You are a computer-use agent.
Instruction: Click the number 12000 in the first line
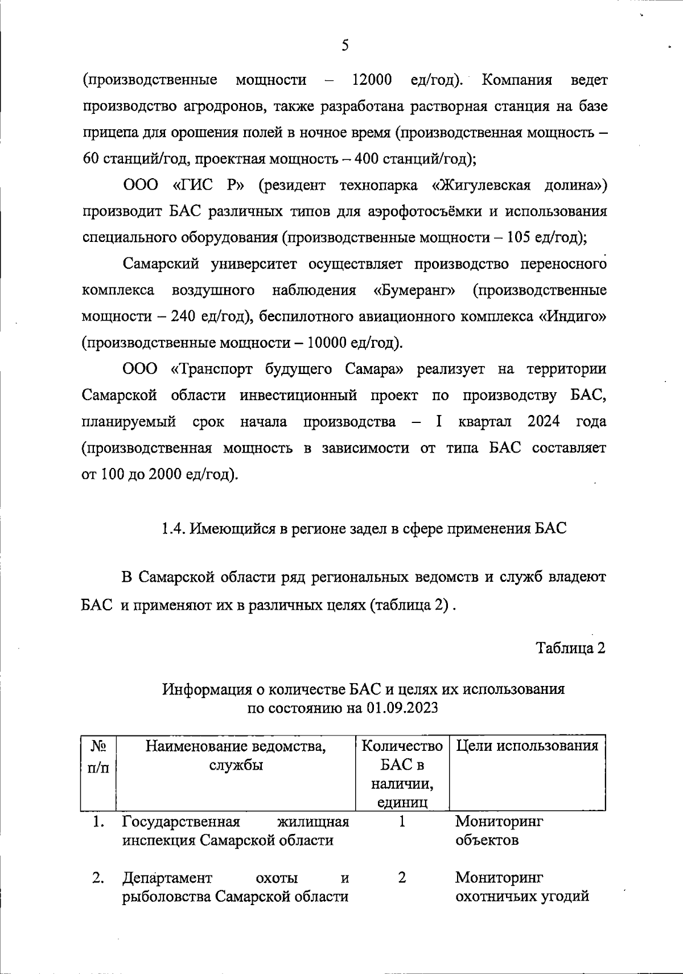click(372, 80)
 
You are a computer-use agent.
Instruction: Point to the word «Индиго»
click(572, 317)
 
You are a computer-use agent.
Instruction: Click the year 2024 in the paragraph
click(543, 422)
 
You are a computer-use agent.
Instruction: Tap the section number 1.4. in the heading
click(172, 528)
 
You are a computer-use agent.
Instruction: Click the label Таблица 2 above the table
click(570, 648)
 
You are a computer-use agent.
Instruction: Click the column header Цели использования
click(527, 746)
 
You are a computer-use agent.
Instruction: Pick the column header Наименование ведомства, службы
click(236, 755)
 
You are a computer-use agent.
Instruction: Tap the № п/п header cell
click(98, 755)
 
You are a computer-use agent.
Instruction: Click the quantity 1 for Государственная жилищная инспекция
click(402, 822)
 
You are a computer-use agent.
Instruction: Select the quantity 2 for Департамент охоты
click(402, 878)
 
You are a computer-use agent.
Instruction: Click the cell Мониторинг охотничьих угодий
click(521, 887)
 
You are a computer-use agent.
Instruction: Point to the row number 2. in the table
click(98, 878)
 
